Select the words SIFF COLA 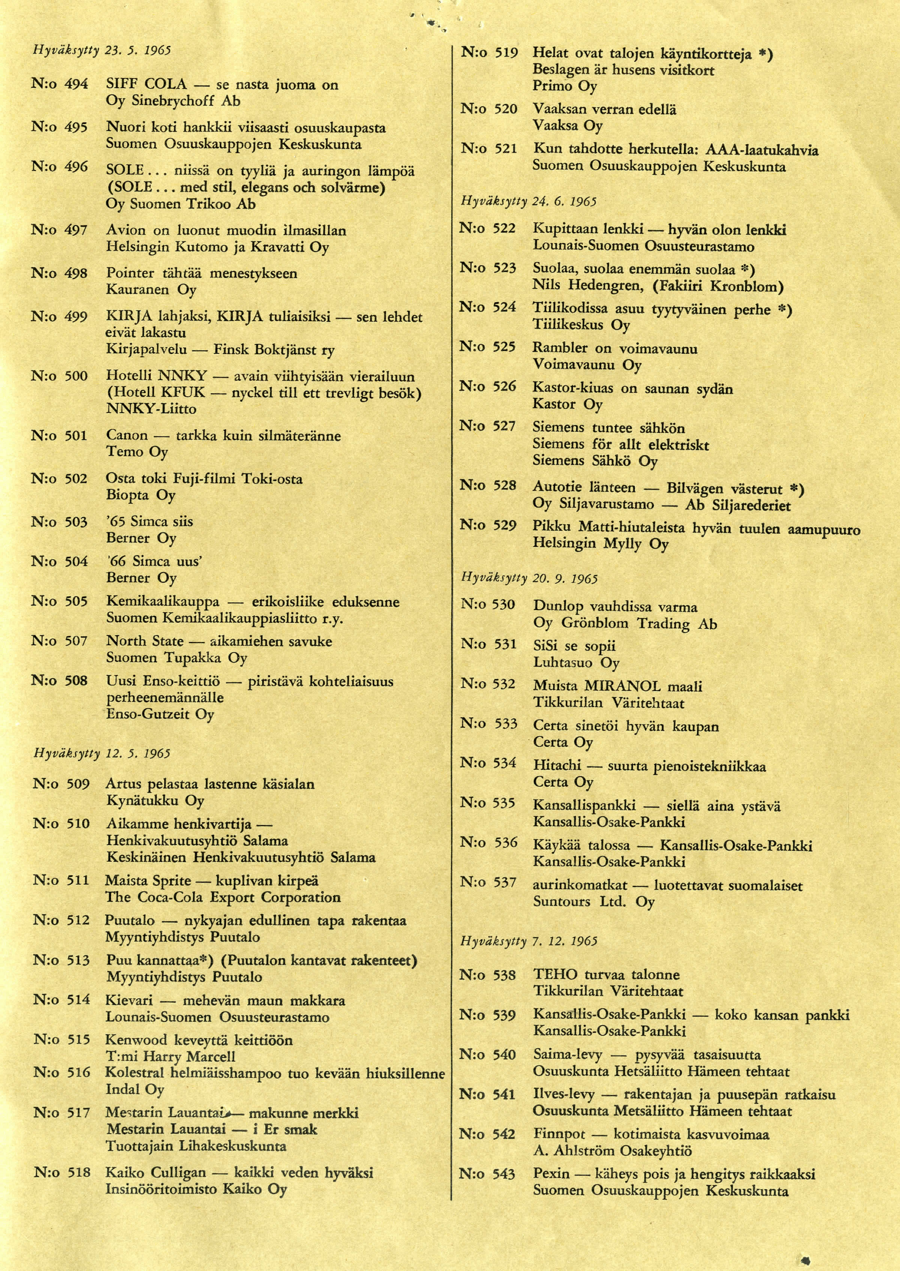pyautogui.click(x=146, y=84)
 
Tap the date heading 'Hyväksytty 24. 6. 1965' pyautogui.click(x=528, y=201)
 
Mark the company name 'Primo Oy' pyautogui.click(x=565, y=86)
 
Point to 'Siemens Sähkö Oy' pyautogui.click(x=595, y=461)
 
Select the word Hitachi pyautogui.click(x=557, y=766)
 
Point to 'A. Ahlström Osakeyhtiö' pyautogui.click(x=612, y=1151)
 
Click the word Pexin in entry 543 pyautogui.click(x=551, y=1174)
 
